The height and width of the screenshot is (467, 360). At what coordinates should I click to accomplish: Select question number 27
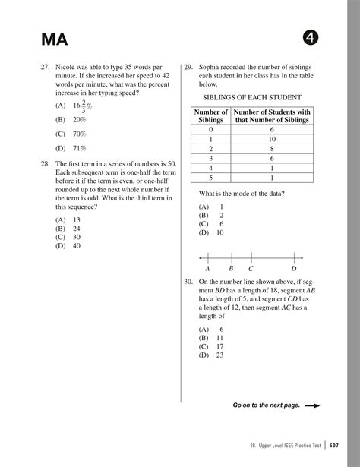point(45,68)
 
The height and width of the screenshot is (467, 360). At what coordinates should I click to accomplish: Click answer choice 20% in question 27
point(79,120)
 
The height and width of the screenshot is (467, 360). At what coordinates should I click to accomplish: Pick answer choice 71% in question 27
point(79,148)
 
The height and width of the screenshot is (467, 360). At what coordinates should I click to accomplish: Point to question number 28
point(45,163)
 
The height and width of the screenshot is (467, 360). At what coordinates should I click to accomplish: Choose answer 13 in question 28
point(77,219)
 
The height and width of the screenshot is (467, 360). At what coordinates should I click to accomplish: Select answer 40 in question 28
point(77,245)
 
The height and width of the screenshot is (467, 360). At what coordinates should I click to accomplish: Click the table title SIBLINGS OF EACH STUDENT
point(251,97)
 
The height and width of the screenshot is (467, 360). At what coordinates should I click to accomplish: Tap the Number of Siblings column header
point(210,116)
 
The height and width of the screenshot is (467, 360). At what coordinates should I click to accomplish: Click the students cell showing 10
point(272,139)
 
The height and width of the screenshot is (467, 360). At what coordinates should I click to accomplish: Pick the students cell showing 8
point(272,149)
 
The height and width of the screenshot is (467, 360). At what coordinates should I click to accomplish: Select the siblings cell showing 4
point(210,168)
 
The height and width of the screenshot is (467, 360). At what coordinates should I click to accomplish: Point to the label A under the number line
point(207,269)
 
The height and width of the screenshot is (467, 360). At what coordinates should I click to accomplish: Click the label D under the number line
point(294,269)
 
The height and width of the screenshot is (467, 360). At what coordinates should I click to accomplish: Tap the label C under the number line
point(251,269)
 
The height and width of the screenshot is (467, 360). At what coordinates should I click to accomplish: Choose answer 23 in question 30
point(219,355)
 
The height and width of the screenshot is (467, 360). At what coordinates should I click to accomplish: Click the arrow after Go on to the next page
point(311,405)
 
